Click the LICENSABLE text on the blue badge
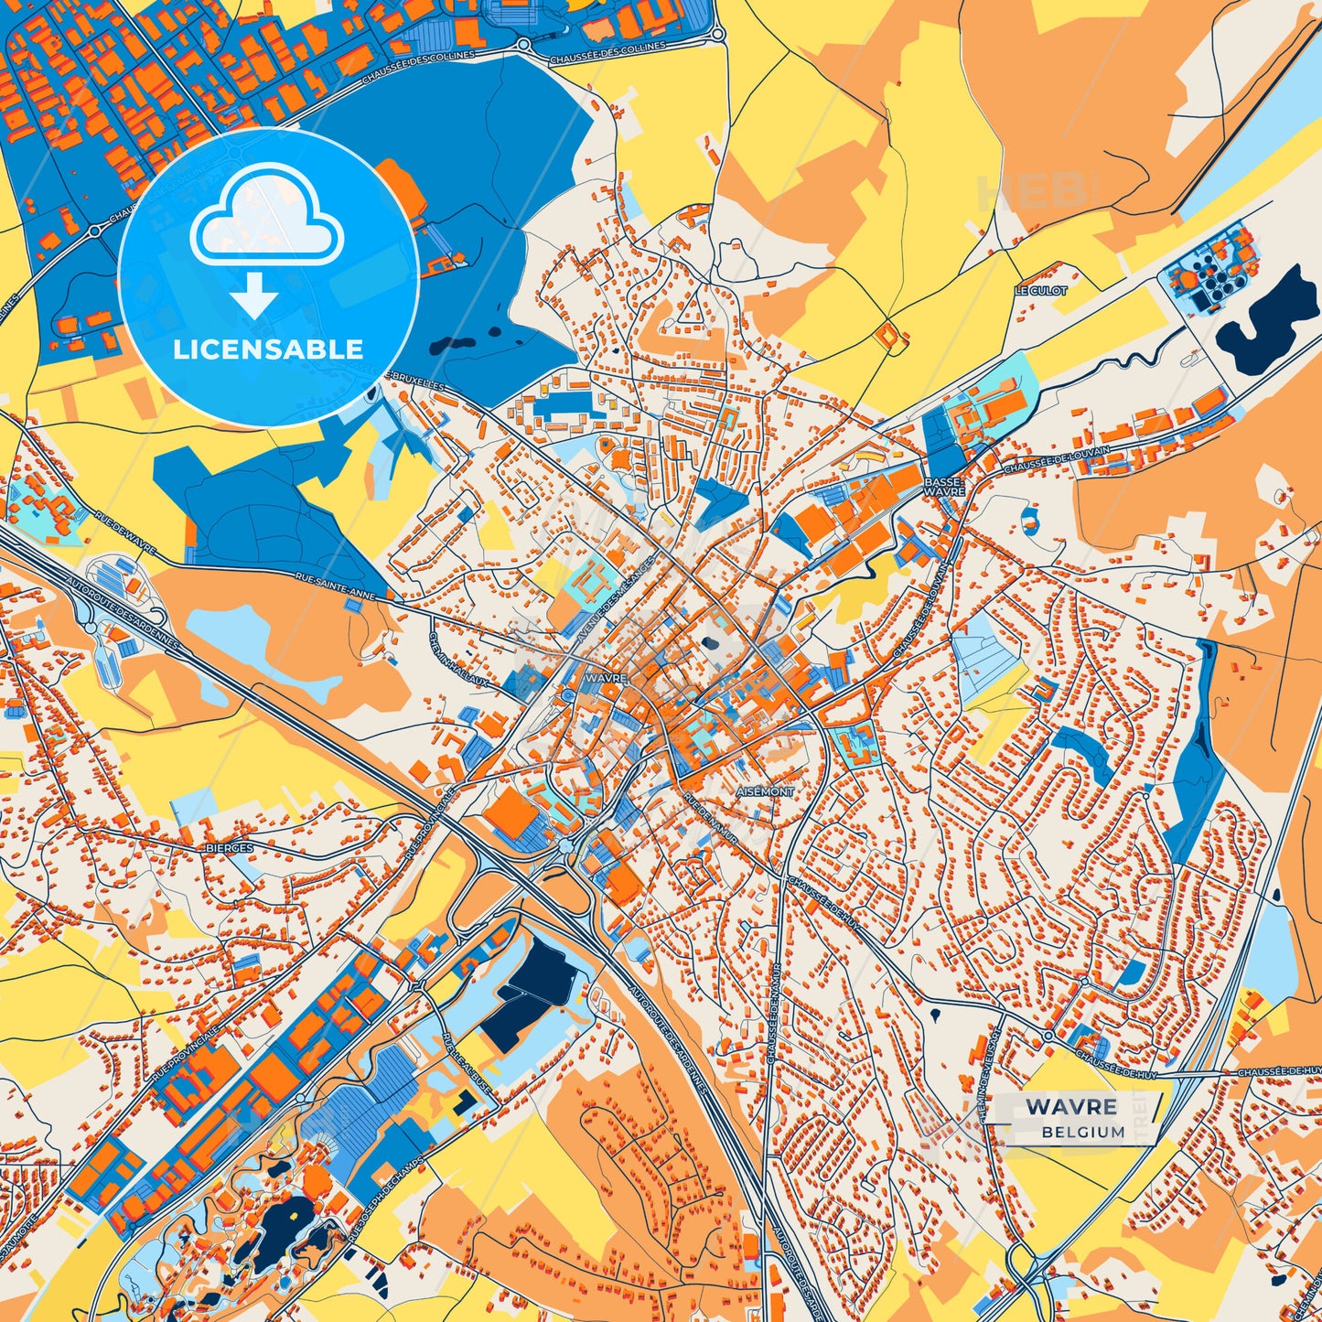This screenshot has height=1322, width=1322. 268,349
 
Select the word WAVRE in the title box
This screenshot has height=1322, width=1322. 1071,1107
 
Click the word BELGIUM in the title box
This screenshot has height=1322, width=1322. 1082,1132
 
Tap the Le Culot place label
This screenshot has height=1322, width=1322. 1040,290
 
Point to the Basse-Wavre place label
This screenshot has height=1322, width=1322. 944,486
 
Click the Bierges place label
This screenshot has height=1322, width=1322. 231,848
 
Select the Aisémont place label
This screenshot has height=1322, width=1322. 765,791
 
